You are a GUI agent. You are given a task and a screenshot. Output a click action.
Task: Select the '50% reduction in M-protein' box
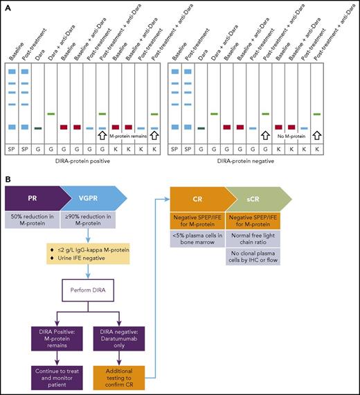tap(37, 220)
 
